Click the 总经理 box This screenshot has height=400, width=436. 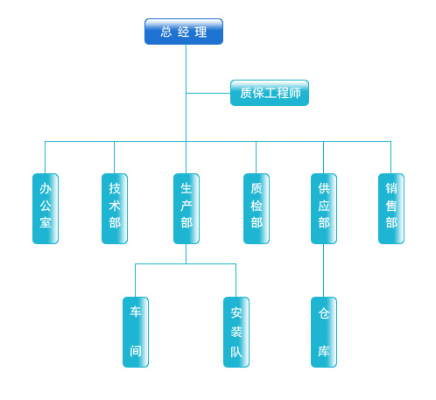coord(184,32)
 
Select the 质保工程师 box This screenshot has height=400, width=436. coord(270,93)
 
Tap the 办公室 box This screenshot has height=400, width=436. coord(46,208)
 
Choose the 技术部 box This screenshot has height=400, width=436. coord(115,208)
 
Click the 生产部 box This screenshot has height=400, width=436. coord(186,208)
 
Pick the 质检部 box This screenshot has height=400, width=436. coord(257,208)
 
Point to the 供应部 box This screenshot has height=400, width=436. coord(324,208)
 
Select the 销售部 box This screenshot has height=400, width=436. coord(391,208)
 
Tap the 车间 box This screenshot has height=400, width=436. coord(136,332)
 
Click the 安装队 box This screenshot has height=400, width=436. coord(236,332)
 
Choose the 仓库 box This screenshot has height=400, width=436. coord(324,332)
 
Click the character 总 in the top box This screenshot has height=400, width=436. coord(166,32)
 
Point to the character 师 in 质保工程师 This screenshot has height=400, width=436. coord(295,93)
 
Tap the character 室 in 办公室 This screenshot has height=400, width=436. coord(46,222)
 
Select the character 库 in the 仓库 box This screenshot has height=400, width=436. coord(324,351)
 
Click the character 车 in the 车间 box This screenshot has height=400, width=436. coord(136,312)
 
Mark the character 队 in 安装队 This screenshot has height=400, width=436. coord(236,352)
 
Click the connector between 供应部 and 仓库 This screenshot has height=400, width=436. coord(324,270)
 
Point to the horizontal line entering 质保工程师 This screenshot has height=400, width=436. coord(208,93)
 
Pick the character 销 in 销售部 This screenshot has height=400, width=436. coord(391,188)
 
